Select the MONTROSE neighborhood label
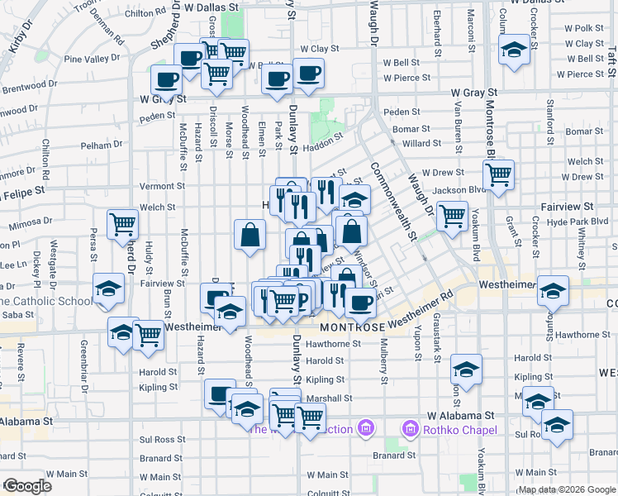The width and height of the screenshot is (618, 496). click(x=351, y=327)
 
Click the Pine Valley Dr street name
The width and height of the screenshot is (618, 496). click(x=93, y=60)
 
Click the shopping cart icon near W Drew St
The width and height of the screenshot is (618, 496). click(x=499, y=174)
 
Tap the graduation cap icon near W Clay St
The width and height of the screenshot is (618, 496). click(x=514, y=49)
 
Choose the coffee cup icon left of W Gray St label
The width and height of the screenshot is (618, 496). click(x=166, y=80)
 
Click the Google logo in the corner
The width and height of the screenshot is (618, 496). click(x=27, y=486)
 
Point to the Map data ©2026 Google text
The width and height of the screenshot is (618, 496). click(x=567, y=489)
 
